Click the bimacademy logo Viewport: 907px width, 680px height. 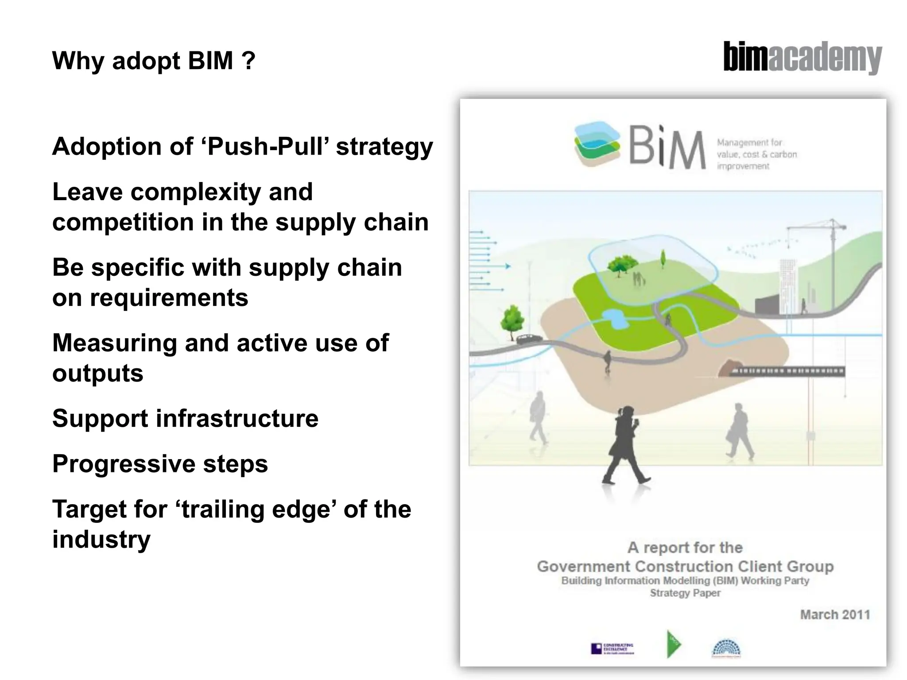click(802, 58)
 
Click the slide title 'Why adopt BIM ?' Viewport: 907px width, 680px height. click(154, 61)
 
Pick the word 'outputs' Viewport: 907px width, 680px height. click(98, 373)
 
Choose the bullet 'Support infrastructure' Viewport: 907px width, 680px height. click(185, 418)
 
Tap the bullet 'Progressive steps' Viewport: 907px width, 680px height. click(160, 464)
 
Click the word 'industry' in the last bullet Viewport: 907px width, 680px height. click(101, 539)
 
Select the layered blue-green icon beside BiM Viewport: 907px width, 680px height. click(597, 144)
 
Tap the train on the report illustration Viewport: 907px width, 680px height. click(787, 371)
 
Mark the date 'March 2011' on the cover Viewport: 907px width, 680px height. click(835, 614)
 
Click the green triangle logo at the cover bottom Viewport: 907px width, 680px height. click(673, 644)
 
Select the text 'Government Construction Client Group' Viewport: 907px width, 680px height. click(685, 567)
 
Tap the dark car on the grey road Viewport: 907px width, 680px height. click(529, 339)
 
